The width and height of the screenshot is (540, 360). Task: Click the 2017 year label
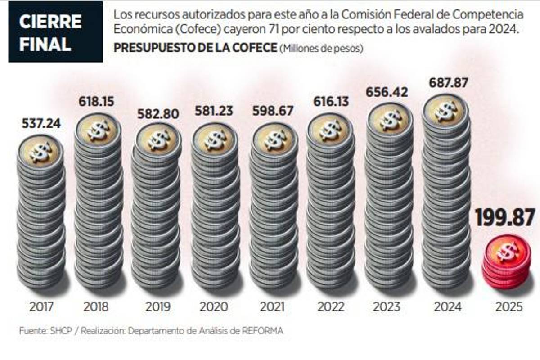pyautogui.click(x=41, y=307)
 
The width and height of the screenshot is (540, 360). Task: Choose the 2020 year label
pyautogui.click(x=215, y=307)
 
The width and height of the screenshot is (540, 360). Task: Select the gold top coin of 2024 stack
pyautogui.click(x=445, y=110)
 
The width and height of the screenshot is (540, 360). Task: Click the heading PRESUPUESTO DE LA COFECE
pyautogui.click(x=194, y=48)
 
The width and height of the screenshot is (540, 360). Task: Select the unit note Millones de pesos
pyautogui.click(x=321, y=49)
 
